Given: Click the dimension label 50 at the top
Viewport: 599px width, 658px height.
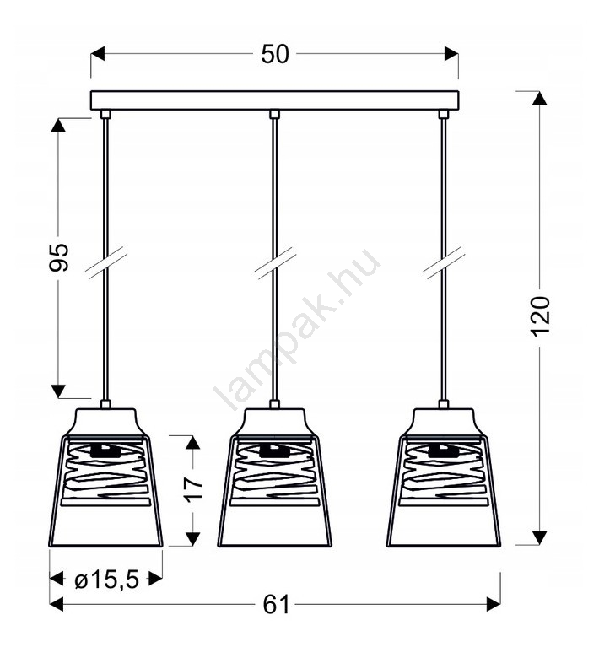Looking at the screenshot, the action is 275,54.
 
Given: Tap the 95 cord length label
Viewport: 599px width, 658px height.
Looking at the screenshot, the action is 59,257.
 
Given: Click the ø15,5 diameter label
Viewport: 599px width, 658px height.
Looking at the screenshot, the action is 106,580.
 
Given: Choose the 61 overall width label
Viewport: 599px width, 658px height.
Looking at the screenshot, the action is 276,605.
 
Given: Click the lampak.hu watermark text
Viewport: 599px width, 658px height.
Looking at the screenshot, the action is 297,329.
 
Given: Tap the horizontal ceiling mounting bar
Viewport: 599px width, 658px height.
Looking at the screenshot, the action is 275,100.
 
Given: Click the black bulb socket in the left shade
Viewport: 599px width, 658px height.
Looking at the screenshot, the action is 105,451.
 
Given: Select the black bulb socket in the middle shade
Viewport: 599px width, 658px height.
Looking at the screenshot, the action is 274,451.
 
